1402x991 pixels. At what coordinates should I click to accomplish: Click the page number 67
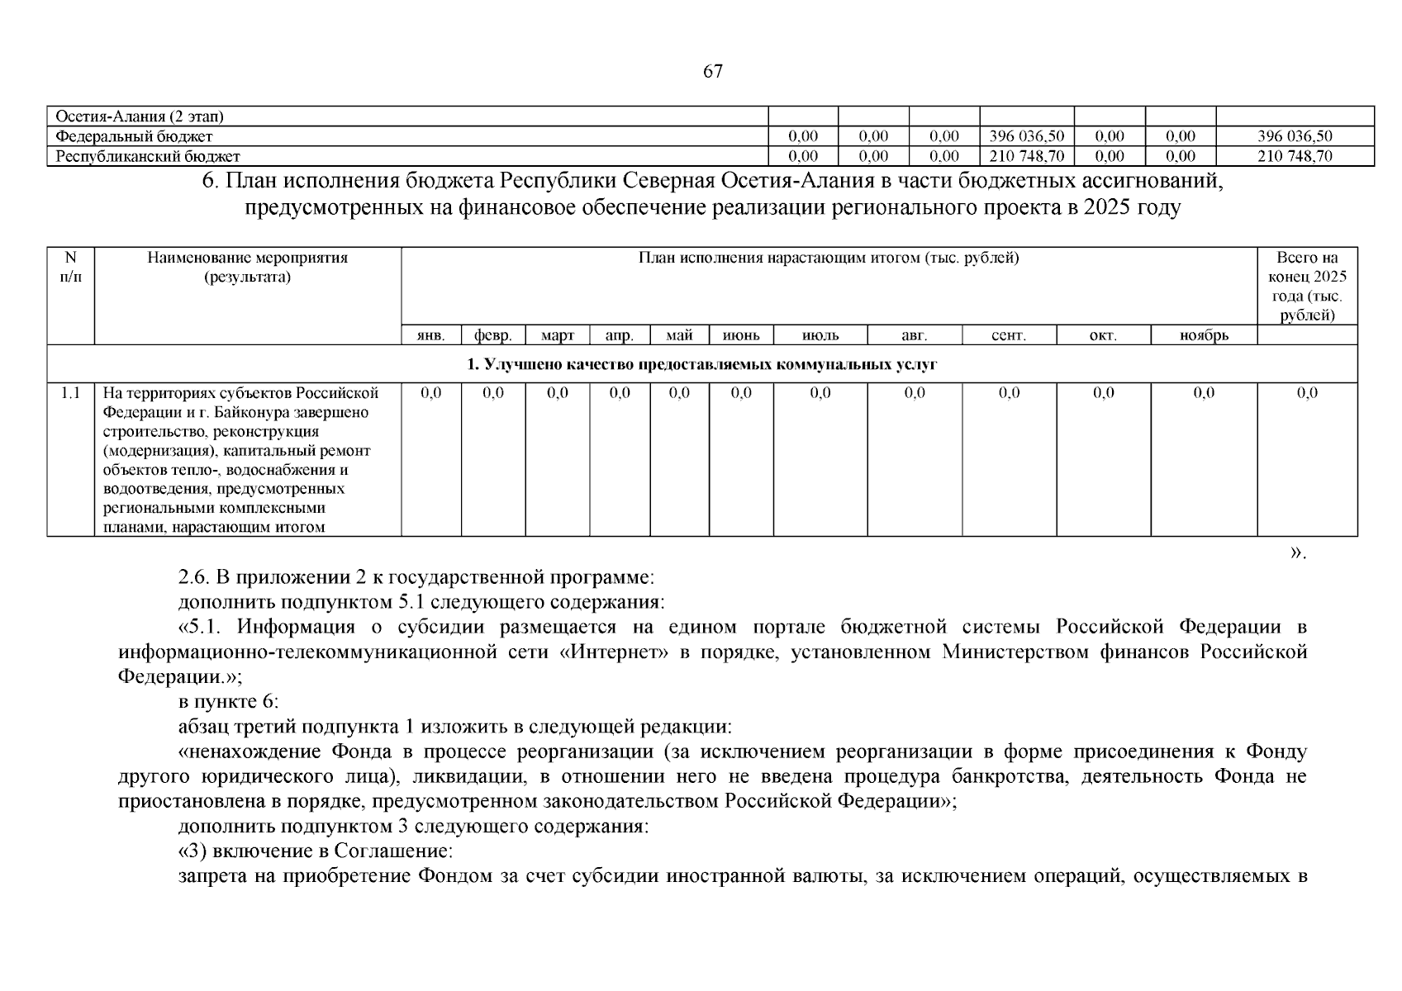click(712, 72)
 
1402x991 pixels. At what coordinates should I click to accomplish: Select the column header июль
click(820, 335)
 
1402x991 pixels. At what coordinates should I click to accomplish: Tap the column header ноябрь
click(1204, 335)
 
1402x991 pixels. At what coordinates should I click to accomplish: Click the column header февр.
click(493, 335)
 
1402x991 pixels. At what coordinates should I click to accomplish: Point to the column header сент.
click(1008, 335)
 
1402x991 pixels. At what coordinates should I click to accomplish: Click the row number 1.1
click(71, 393)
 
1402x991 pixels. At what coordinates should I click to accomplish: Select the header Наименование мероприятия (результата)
click(248, 267)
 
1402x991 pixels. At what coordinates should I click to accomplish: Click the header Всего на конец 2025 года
click(1307, 286)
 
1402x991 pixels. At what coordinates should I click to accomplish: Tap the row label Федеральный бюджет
click(134, 136)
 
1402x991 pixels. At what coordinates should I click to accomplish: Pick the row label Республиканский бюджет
click(148, 156)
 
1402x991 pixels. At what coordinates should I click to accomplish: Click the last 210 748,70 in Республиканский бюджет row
click(1295, 156)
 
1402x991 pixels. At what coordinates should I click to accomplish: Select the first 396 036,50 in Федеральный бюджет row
click(1026, 136)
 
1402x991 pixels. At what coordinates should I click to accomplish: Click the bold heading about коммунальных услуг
click(701, 364)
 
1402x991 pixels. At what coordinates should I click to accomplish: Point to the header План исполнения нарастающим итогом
click(829, 258)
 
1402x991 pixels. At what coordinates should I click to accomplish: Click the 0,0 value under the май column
click(679, 393)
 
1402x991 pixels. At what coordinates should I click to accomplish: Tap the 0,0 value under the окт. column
click(1103, 393)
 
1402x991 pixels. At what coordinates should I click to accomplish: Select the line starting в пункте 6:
click(228, 702)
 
